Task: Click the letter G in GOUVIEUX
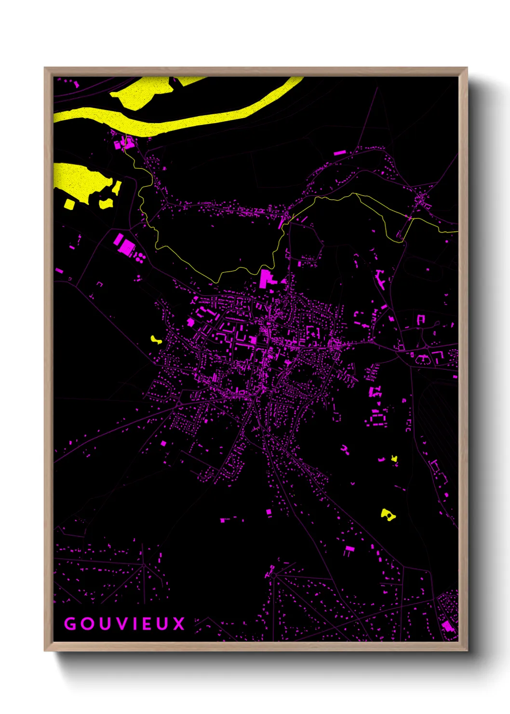click(x=70, y=624)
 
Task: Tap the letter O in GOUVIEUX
click(x=88, y=624)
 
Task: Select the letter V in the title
click(x=126, y=624)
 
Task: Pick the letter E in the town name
click(x=150, y=624)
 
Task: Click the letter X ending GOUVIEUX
click(x=179, y=624)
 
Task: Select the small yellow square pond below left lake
click(x=69, y=204)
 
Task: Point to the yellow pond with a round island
click(x=388, y=515)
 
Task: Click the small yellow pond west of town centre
click(x=156, y=340)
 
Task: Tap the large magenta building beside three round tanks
click(x=125, y=245)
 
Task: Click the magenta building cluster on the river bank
click(x=123, y=143)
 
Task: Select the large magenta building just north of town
click(x=267, y=279)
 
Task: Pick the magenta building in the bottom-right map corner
click(x=448, y=626)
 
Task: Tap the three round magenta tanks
click(x=140, y=257)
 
